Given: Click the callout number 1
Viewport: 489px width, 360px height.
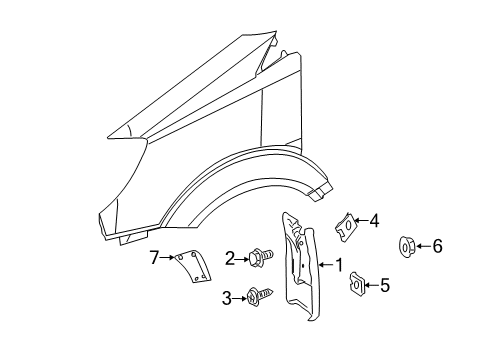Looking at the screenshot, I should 339,265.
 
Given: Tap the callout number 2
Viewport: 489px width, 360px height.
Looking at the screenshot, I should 230,259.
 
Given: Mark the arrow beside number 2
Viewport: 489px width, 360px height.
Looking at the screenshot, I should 242,259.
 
